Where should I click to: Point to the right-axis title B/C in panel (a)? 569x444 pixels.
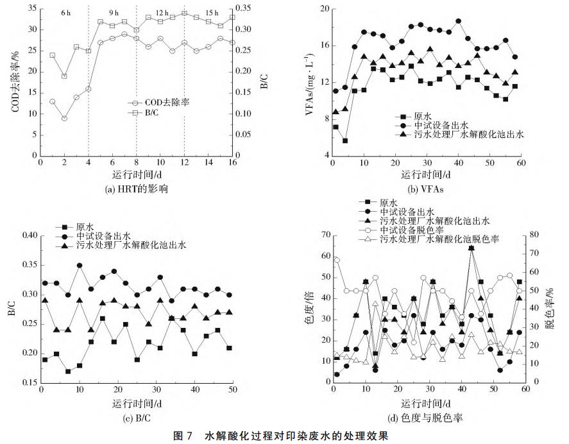pyautogui.click(x=264, y=83)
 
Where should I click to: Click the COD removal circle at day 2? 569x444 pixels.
pyautogui.click(x=64, y=118)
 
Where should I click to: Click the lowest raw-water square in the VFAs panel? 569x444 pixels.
pyautogui.click(x=345, y=141)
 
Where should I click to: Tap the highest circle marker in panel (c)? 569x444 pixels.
pyautogui.click(x=80, y=265)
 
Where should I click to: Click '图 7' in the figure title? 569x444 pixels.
pyautogui.click(x=183, y=435)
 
